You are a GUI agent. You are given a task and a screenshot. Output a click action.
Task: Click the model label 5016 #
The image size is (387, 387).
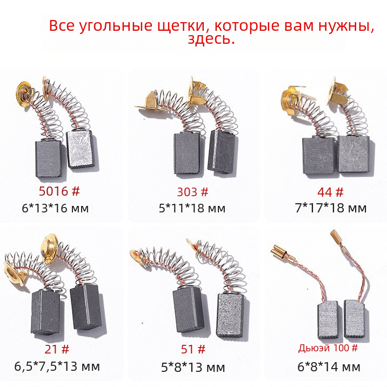[59, 191]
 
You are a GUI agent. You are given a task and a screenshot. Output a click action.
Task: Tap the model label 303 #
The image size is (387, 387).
[192, 192]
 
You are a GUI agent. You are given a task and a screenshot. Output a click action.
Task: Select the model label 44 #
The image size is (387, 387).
[330, 192]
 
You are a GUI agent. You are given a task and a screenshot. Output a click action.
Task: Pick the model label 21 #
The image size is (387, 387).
[57, 349]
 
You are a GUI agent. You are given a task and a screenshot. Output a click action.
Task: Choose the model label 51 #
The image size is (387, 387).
[193, 349]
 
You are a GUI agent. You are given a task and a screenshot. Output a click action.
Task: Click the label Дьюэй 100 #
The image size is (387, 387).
[328, 348]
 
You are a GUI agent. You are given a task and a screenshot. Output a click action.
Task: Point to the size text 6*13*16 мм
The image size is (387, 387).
[55, 208]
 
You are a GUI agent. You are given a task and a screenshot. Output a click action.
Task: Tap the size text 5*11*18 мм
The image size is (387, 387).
[192, 208]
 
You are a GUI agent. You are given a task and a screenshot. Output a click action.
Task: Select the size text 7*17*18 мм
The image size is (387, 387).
[331, 208]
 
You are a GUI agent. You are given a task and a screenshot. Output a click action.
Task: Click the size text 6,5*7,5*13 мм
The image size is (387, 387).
[57, 366]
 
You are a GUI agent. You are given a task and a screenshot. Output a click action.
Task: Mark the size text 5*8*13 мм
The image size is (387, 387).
[193, 368]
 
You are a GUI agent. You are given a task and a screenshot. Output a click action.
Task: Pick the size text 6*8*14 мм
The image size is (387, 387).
[329, 367]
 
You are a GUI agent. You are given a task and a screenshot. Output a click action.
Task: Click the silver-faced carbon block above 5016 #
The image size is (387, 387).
[81, 150]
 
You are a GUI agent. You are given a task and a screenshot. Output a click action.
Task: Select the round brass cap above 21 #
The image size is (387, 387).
[50, 245]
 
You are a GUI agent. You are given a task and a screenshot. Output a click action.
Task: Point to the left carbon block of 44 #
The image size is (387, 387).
[319, 155]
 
